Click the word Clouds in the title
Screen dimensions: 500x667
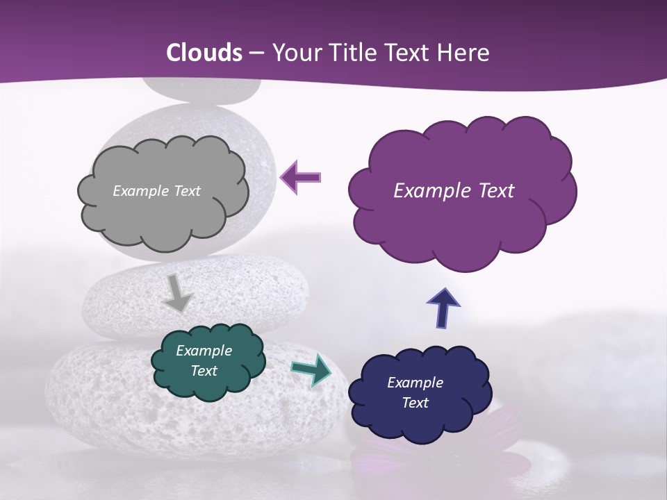[x=204, y=53]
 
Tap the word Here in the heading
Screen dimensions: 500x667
[x=463, y=53]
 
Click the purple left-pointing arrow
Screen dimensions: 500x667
[x=301, y=177]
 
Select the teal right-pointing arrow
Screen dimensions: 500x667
[x=311, y=370]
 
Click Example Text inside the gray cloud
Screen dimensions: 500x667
[x=156, y=191]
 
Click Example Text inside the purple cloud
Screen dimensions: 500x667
[x=454, y=191]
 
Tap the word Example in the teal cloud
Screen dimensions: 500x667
[x=204, y=351]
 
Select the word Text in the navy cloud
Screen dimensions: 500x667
[x=415, y=403]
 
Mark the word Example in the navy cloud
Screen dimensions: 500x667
[x=415, y=383]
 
